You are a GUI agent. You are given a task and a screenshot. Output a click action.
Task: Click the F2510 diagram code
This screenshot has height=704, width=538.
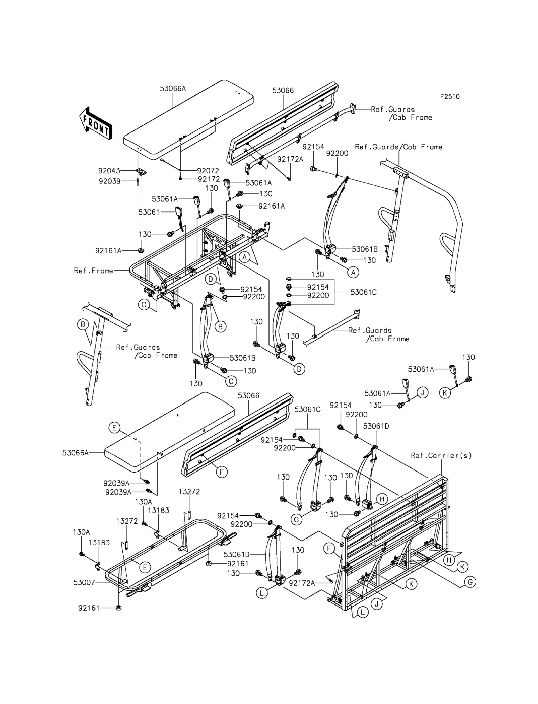pos(450,96)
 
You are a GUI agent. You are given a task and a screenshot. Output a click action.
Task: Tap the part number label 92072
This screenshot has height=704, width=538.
pos(208,171)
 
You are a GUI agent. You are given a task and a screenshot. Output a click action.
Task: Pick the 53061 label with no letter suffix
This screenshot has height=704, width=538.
pos(149,212)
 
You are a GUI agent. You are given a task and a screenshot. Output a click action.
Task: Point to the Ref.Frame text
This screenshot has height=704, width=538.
pos(93,271)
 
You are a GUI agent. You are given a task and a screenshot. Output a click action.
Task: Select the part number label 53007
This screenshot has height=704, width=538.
pos(84,582)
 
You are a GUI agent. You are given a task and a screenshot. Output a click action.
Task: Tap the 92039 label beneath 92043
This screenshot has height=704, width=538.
pos(110,181)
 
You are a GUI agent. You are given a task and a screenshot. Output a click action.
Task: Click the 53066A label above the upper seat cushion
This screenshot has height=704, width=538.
pos(173,89)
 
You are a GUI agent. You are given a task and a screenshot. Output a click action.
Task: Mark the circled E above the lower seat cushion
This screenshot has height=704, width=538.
pos(114,428)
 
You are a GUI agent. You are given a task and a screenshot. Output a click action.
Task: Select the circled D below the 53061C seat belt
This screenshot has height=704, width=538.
pos(299,369)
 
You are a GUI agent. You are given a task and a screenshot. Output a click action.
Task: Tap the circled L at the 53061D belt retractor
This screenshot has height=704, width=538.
pos(262,593)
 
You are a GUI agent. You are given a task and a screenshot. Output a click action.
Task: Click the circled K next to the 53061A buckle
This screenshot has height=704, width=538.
pos(445,393)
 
